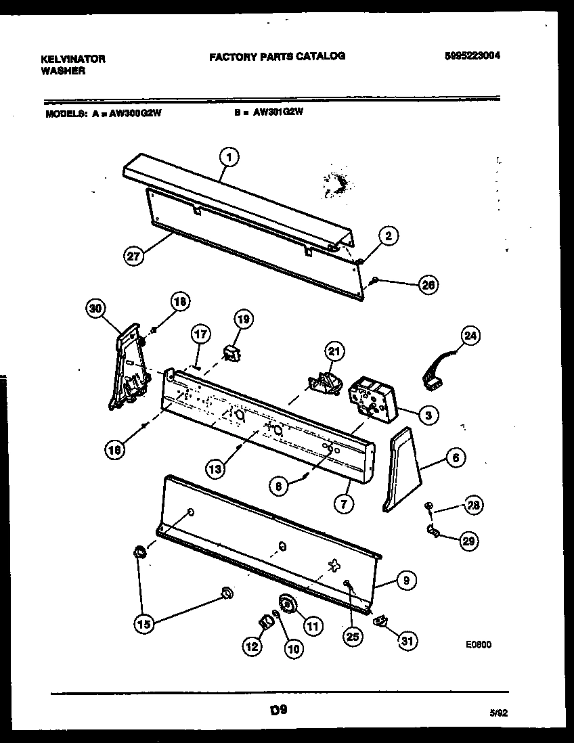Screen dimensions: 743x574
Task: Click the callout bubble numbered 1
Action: point(229,158)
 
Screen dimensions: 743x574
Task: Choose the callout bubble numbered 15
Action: point(144,625)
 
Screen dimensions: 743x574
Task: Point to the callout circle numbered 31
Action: point(406,640)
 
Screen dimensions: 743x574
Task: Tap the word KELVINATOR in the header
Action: point(73,59)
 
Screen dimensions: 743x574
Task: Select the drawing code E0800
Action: point(479,645)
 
